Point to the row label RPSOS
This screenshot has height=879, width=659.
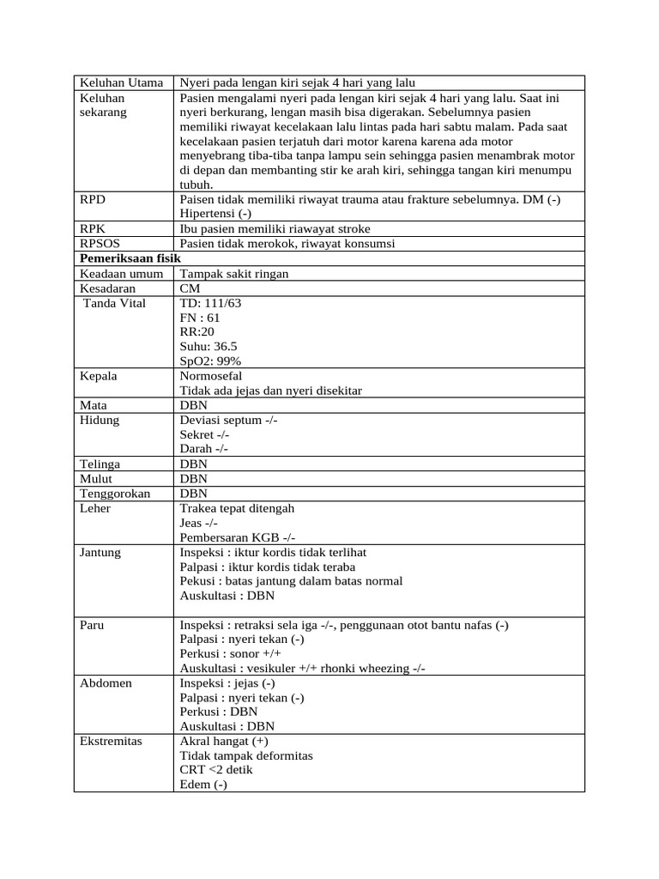pos(99,244)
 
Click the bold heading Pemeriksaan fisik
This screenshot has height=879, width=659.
pos(124,258)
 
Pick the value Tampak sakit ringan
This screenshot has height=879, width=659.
pos(234,273)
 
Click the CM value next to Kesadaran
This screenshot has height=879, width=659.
pos(190,288)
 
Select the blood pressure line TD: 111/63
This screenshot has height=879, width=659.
pos(211,303)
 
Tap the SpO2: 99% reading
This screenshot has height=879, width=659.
pos(210,361)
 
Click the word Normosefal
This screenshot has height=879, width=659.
pos(211,376)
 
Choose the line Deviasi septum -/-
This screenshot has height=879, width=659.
pos(228,421)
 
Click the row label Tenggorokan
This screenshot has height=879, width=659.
pos(114,494)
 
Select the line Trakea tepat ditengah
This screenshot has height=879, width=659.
pos(237,508)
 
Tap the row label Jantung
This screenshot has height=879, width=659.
pos(100,552)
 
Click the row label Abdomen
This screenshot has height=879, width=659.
pos(103,683)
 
